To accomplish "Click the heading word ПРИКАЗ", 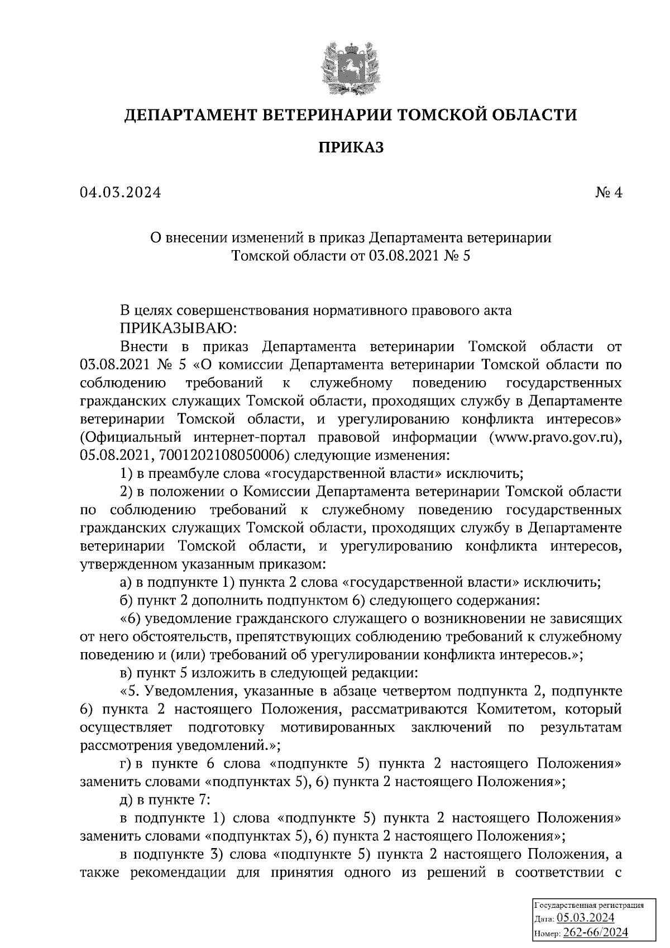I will point(351,147).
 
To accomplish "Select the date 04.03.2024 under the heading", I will point(120,193).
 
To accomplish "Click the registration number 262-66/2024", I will point(596,932).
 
